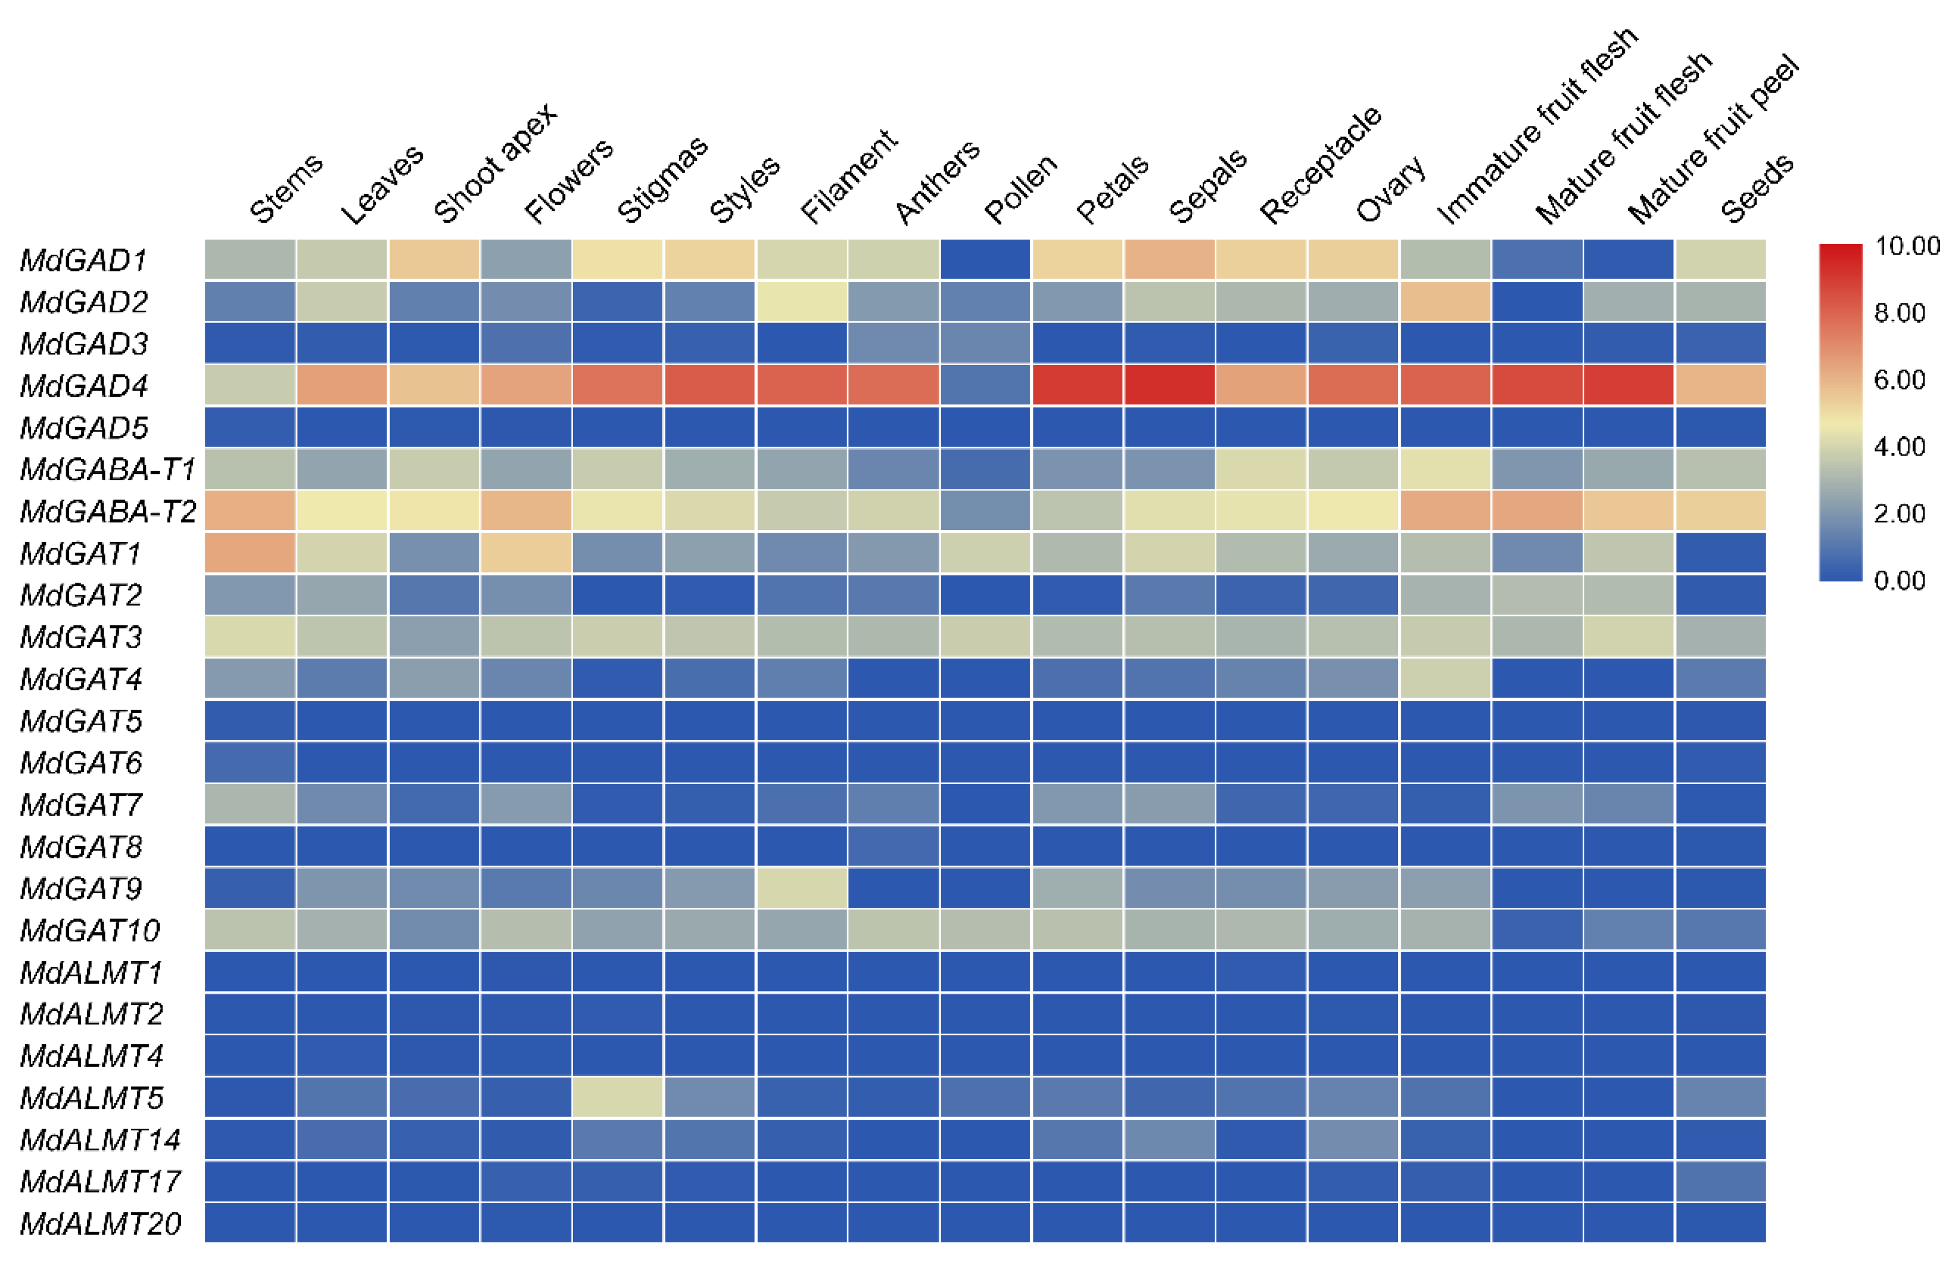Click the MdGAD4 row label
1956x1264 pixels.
point(84,386)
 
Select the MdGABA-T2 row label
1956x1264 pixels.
point(108,512)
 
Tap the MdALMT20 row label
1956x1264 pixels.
point(100,1224)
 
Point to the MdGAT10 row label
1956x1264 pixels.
point(89,931)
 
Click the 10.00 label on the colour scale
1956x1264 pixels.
point(1907,246)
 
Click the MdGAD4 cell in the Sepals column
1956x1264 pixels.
point(1169,386)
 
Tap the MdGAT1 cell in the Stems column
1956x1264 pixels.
point(250,553)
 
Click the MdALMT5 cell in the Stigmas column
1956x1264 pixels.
point(617,1098)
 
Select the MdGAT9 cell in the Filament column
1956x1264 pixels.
point(801,888)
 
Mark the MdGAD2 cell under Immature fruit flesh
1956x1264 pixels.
point(1445,302)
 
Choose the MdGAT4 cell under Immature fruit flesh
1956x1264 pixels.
point(1445,679)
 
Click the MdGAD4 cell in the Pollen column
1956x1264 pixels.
point(985,386)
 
